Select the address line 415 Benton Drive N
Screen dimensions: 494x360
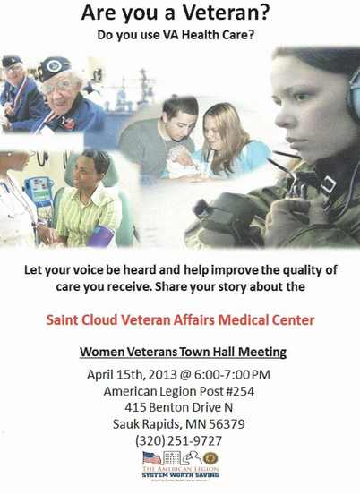[179, 407]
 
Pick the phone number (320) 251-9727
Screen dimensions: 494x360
[179, 440]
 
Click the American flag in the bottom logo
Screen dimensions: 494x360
[152, 458]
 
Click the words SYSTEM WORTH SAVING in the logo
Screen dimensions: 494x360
[179, 475]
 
